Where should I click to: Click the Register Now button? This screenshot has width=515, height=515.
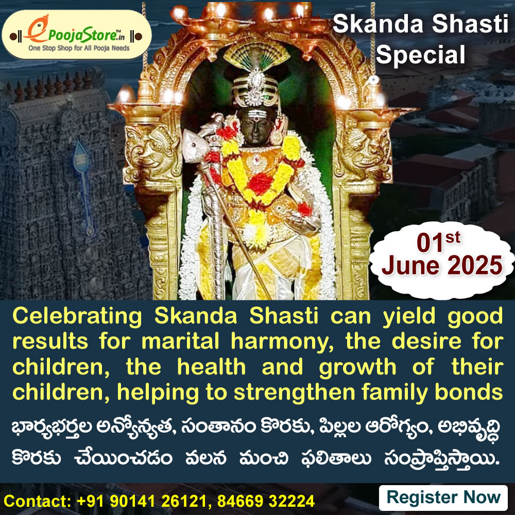(443, 497)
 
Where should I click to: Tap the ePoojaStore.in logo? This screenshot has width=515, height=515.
(77, 34)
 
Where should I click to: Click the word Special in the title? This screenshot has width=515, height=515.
(420, 55)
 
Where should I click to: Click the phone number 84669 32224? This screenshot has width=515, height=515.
(266, 501)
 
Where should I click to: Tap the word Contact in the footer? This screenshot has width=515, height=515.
(37, 501)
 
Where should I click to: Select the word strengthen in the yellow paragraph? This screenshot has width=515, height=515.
(294, 393)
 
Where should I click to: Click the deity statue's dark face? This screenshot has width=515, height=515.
(256, 127)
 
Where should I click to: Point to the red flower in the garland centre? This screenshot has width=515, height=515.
(260, 183)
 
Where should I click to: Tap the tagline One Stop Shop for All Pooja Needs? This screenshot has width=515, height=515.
(79, 48)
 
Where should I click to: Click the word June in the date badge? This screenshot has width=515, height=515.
(410, 265)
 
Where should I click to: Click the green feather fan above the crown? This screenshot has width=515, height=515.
(256, 55)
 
